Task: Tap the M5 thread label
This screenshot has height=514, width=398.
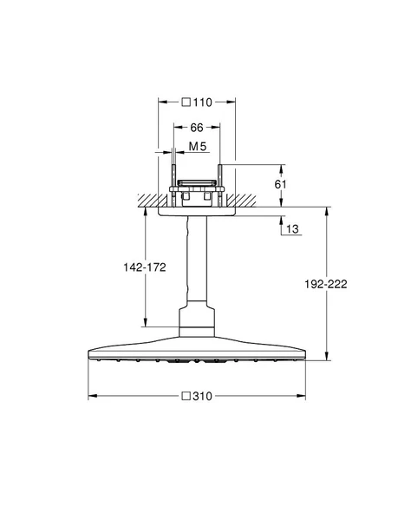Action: click(198, 148)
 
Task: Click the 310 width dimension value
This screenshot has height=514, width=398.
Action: click(203, 395)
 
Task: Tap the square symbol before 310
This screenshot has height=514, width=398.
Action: click(185, 395)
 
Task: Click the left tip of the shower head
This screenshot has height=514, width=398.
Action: click(89, 353)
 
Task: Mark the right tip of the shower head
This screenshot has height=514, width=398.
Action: click(303, 353)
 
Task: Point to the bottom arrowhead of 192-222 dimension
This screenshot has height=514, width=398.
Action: click(327, 355)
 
